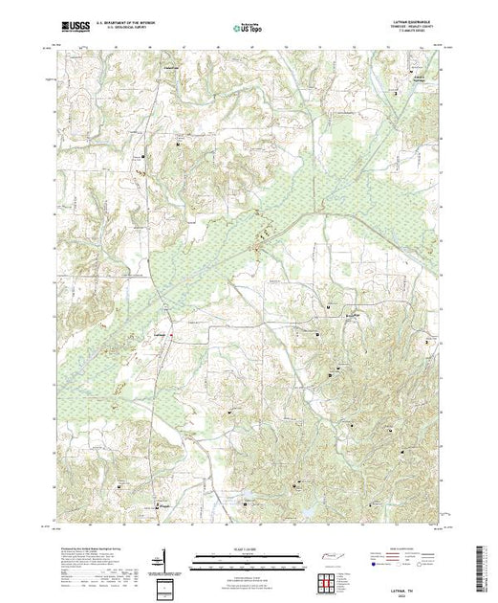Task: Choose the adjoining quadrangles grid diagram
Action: [x=328, y=577]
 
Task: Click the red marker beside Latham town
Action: [x=331, y=306]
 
